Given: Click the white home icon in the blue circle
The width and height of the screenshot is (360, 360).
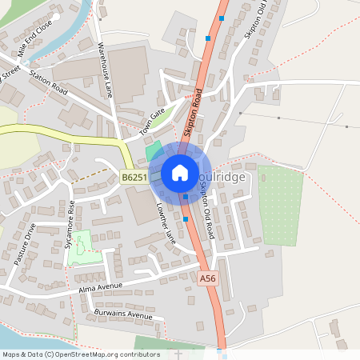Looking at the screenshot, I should pyautogui.click(x=180, y=172).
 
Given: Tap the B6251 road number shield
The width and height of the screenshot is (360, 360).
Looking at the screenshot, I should pyautogui.click(x=134, y=178).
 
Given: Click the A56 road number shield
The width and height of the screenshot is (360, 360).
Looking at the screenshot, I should pyautogui.click(x=208, y=278).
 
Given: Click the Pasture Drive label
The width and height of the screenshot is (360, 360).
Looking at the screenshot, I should pyautogui.click(x=26, y=245).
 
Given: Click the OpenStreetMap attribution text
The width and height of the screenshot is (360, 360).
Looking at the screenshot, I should pyautogui.click(x=80, y=354).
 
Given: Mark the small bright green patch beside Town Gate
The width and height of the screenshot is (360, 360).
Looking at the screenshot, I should pyautogui.click(x=152, y=150).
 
